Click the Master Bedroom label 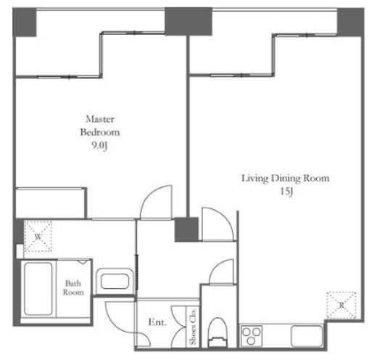click(x=100, y=126)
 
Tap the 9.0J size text click(x=99, y=145)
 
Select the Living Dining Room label click(x=286, y=179)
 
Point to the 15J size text click(x=286, y=192)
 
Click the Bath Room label click(x=73, y=287)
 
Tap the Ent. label click(x=157, y=322)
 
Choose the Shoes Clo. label click(x=193, y=327)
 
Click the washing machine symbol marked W click(x=38, y=236)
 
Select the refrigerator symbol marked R click(x=341, y=305)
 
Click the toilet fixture click(x=218, y=332)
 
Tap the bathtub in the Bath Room click(x=38, y=289)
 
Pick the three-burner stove click(x=252, y=336)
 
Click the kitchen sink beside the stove click(x=307, y=336)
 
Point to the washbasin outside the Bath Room click(x=115, y=281)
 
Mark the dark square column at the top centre click(x=188, y=22)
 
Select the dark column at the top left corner click(x=25, y=22)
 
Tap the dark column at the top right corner click(x=351, y=22)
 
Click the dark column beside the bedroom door click(x=186, y=229)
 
